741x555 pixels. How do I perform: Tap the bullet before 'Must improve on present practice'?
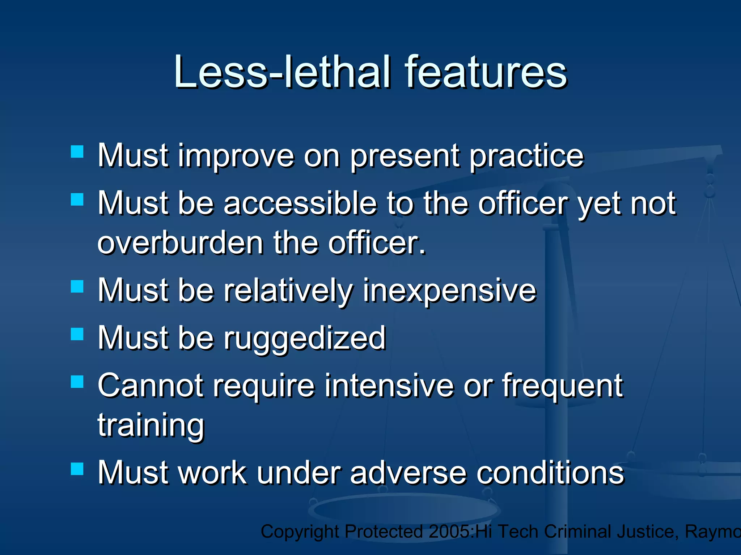[x=77, y=152]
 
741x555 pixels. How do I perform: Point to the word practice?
[x=526, y=156]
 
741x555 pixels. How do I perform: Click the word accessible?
[x=300, y=203]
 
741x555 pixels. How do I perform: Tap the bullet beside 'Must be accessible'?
[x=77, y=199]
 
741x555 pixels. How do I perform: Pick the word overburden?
[x=180, y=243]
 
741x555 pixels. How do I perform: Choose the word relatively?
[x=288, y=291]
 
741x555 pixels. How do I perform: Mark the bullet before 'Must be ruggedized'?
[x=77, y=334]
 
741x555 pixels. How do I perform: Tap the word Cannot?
[x=151, y=386]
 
